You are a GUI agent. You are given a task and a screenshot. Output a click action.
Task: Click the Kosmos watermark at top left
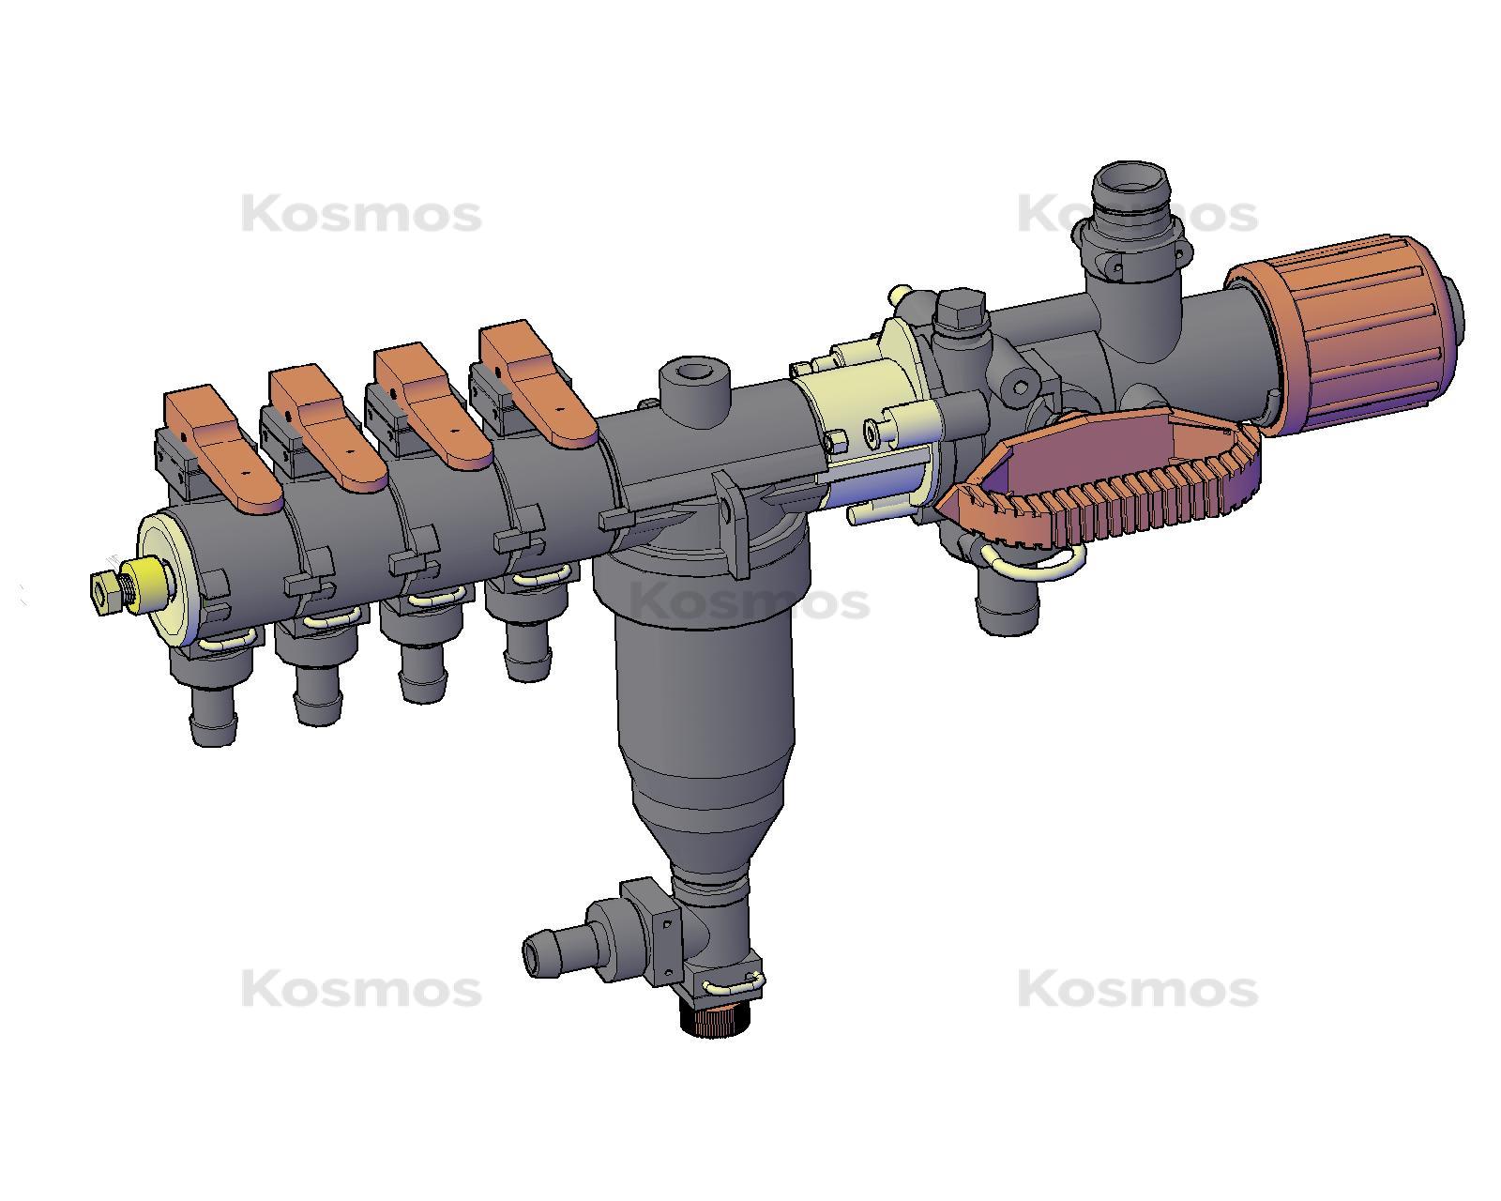tap(361, 215)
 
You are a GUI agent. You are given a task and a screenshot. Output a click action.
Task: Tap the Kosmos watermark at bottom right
tap(1137, 990)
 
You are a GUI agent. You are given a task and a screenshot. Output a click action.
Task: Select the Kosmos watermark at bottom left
tap(361, 990)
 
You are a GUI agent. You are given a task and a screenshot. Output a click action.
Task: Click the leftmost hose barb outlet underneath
tap(213, 718)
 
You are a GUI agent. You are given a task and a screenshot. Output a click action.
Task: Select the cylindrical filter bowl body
tap(704, 704)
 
